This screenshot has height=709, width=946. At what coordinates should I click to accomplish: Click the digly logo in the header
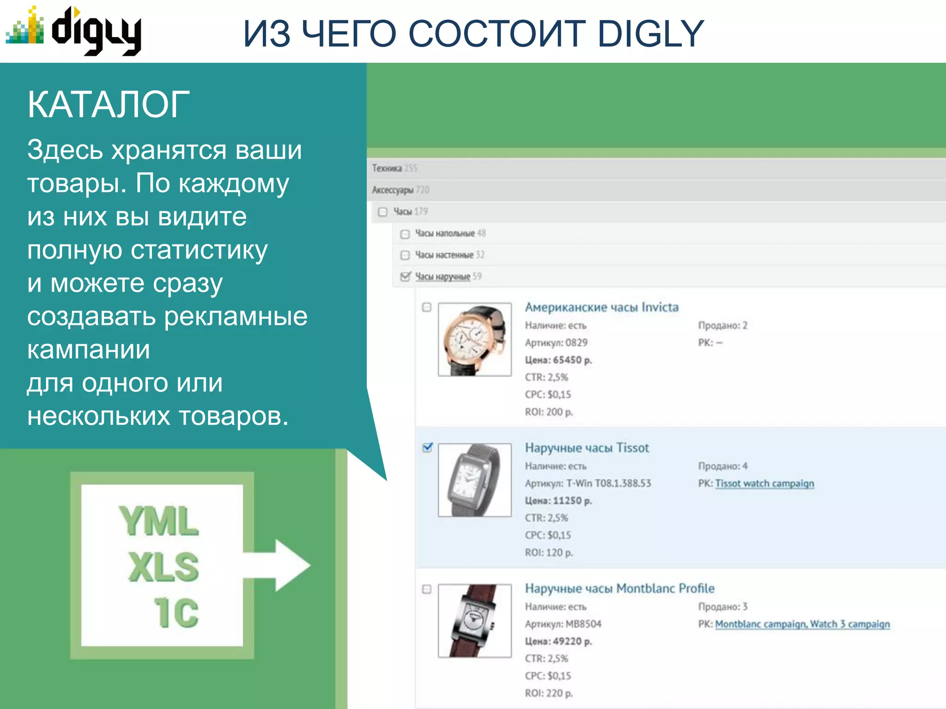74,30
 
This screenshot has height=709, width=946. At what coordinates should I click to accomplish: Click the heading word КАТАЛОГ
109,105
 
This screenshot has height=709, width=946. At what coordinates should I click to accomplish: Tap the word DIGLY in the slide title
650,34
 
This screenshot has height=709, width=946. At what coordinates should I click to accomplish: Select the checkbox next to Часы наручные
405,276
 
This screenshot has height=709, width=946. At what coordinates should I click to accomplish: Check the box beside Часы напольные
405,234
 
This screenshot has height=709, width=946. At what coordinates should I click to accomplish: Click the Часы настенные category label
444,255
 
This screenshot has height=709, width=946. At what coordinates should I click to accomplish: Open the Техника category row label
387,168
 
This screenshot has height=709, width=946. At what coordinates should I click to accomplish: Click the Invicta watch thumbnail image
474,339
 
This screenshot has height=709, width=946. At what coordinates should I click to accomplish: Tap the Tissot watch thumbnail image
474,480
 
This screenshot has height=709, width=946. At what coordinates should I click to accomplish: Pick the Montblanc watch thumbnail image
474,620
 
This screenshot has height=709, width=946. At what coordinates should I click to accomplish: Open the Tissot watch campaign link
764,483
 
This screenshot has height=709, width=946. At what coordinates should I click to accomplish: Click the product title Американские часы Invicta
601,307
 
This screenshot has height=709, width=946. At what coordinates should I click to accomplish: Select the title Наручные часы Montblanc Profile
619,589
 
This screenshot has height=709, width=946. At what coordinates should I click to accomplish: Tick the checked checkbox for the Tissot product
427,447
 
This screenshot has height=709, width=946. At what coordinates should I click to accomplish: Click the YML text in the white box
159,521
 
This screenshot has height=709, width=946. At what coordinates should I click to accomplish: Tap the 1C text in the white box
176,613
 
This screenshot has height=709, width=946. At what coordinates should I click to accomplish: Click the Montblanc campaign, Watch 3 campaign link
802,624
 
